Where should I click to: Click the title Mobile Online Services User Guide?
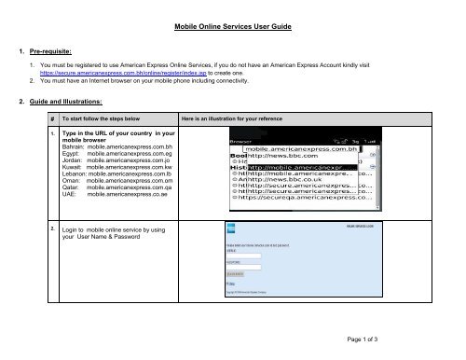[233, 29]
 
